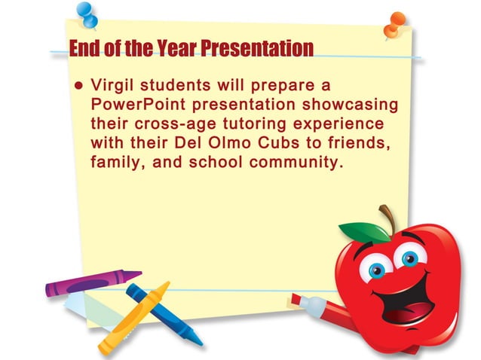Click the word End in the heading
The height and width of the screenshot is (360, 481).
(84, 49)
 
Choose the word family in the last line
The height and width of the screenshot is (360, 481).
(113, 161)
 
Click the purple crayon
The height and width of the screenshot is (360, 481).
(90, 282)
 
